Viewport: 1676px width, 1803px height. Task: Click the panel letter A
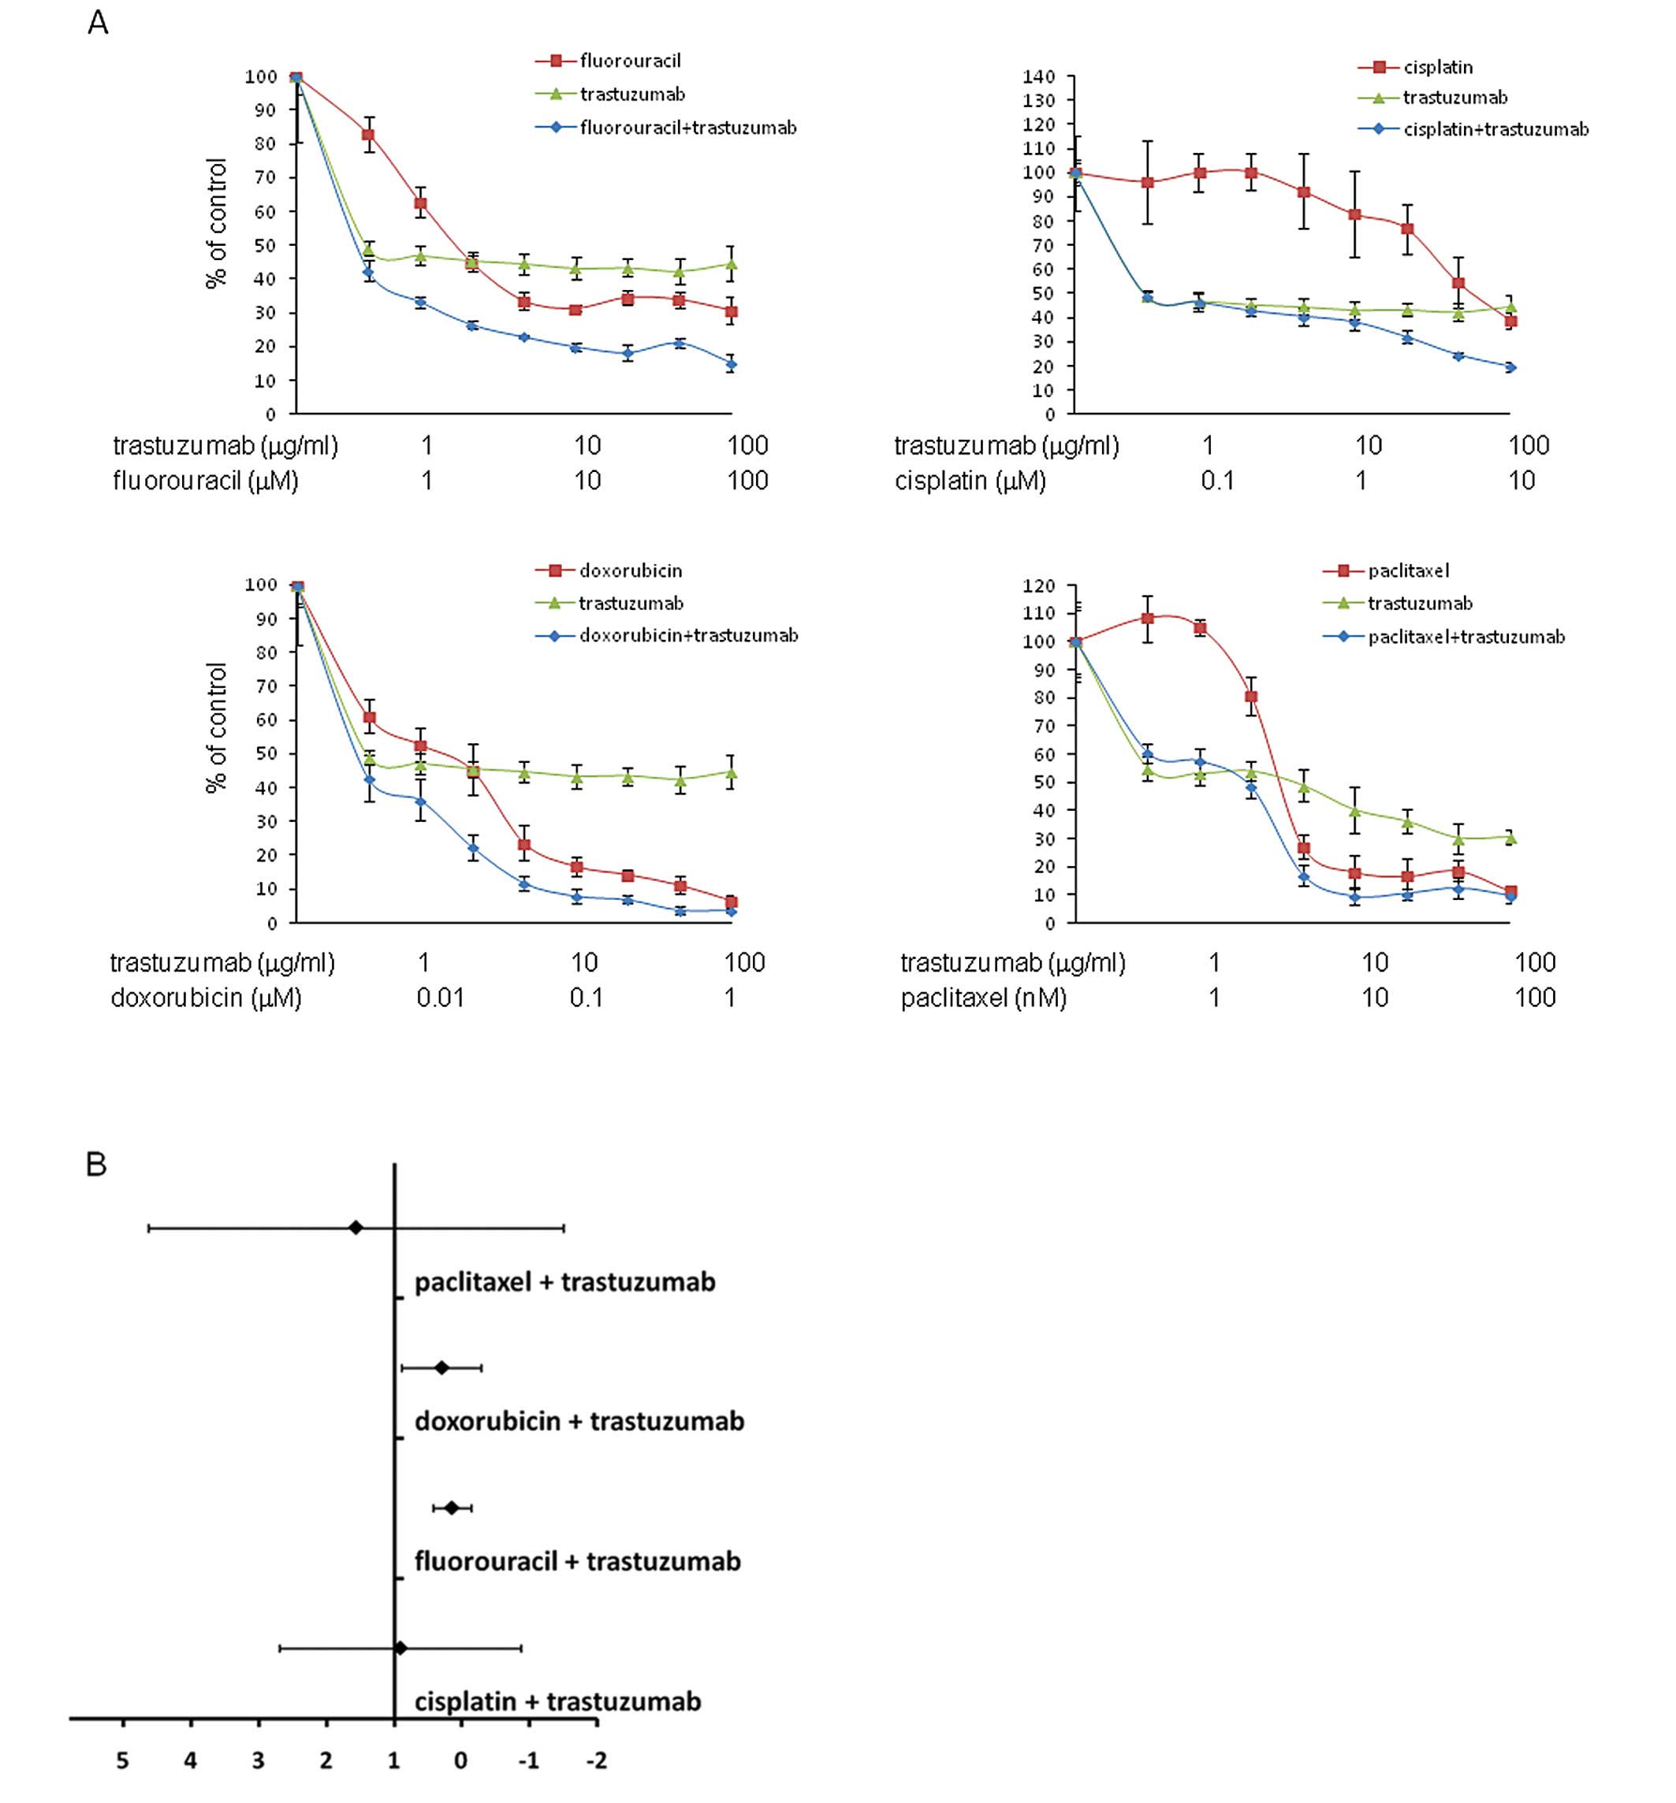pos(98,24)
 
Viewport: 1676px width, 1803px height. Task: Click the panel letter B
pos(96,1165)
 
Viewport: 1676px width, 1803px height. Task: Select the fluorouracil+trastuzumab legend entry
pos(687,128)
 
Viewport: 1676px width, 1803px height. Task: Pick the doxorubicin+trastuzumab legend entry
pos(688,635)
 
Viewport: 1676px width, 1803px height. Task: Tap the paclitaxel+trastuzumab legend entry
pos(1466,637)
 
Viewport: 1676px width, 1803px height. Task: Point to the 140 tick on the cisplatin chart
pos(1038,77)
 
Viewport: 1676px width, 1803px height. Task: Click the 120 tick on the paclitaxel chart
pos(1038,586)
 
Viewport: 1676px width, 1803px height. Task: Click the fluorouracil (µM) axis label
pos(205,481)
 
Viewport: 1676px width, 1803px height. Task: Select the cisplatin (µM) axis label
pos(970,481)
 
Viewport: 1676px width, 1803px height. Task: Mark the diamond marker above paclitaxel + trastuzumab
pos(356,1228)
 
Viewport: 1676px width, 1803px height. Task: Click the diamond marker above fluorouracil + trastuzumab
pos(452,1507)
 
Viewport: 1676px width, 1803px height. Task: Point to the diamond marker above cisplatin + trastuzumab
pos(400,1647)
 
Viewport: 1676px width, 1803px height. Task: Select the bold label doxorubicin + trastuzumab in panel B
pos(579,1421)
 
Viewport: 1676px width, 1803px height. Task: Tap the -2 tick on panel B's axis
pos(595,1760)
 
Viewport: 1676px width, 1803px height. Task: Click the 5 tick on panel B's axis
pos(122,1760)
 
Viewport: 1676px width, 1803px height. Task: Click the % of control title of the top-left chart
pos(217,223)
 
